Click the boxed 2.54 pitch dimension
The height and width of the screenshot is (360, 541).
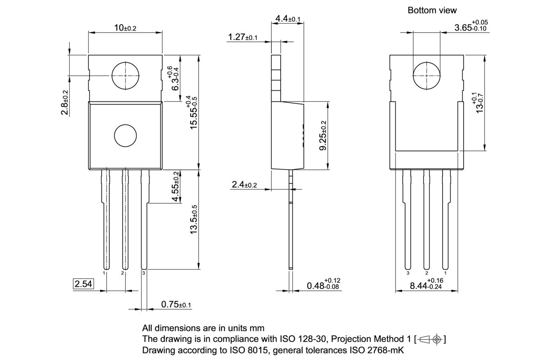83,284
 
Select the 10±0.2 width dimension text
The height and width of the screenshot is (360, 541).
125,28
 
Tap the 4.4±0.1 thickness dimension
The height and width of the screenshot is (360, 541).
287,19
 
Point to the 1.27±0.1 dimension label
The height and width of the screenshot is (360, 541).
243,37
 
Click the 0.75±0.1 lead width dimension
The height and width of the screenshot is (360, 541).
176,305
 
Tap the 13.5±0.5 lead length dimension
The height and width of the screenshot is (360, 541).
194,219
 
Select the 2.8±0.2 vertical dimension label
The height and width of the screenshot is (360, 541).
65,102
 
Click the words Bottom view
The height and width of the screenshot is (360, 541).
432,10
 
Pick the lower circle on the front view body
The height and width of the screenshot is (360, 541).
126,136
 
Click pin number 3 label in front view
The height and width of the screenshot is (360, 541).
144,273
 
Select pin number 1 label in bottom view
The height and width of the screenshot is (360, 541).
445,273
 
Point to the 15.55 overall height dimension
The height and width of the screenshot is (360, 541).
194,112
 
